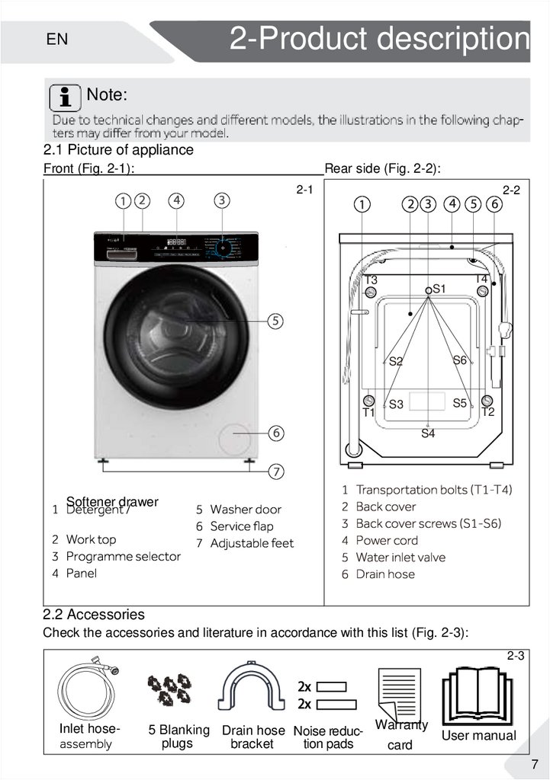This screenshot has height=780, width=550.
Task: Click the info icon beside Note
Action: [x=66, y=97]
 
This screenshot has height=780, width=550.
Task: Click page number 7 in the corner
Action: [x=535, y=764]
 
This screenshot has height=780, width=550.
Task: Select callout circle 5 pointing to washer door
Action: [x=275, y=321]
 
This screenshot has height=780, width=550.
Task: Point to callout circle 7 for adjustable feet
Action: [x=275, y=471]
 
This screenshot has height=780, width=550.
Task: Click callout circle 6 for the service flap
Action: [x=275, y=433]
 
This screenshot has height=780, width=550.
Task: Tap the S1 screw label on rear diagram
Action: [x=439, y=289]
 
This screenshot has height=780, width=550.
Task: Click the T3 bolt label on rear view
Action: [x=371, y=280]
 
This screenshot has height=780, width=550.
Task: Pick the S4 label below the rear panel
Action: [x=428, y=433]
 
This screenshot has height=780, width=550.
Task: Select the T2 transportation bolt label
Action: [x=488, y=412]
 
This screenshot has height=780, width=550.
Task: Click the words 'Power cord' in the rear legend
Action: [x=387, y=540]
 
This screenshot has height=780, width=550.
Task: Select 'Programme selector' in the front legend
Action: [x=123, y=556]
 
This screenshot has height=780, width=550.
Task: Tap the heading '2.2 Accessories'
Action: [x=94, y=614]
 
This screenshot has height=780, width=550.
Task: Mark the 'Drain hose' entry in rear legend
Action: [x=385, y=574]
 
